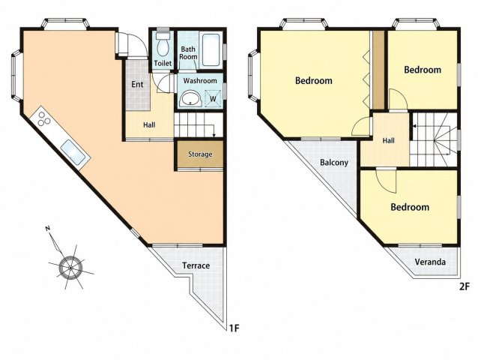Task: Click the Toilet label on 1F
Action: (163, 63)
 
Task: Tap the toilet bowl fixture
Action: (163, 44)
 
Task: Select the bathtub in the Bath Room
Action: (211, 49)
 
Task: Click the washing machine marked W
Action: (213, 98)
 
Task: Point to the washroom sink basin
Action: (190, 99)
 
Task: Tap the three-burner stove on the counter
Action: (44, 118)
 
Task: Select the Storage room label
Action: (200, 154)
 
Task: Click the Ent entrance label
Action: (137, 84)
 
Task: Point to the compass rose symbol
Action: (70, 267)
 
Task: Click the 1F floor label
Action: (234, 328)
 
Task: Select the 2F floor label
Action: (465, 287)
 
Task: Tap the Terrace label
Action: (196, 265)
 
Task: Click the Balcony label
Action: (334, 162)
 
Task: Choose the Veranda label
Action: (430, 262)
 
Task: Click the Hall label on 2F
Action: (388, 140)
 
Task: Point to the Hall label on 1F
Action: (149, 124)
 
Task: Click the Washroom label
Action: (200, 81)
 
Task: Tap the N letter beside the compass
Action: (47, 228)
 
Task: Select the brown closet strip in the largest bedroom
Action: (378, 70)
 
